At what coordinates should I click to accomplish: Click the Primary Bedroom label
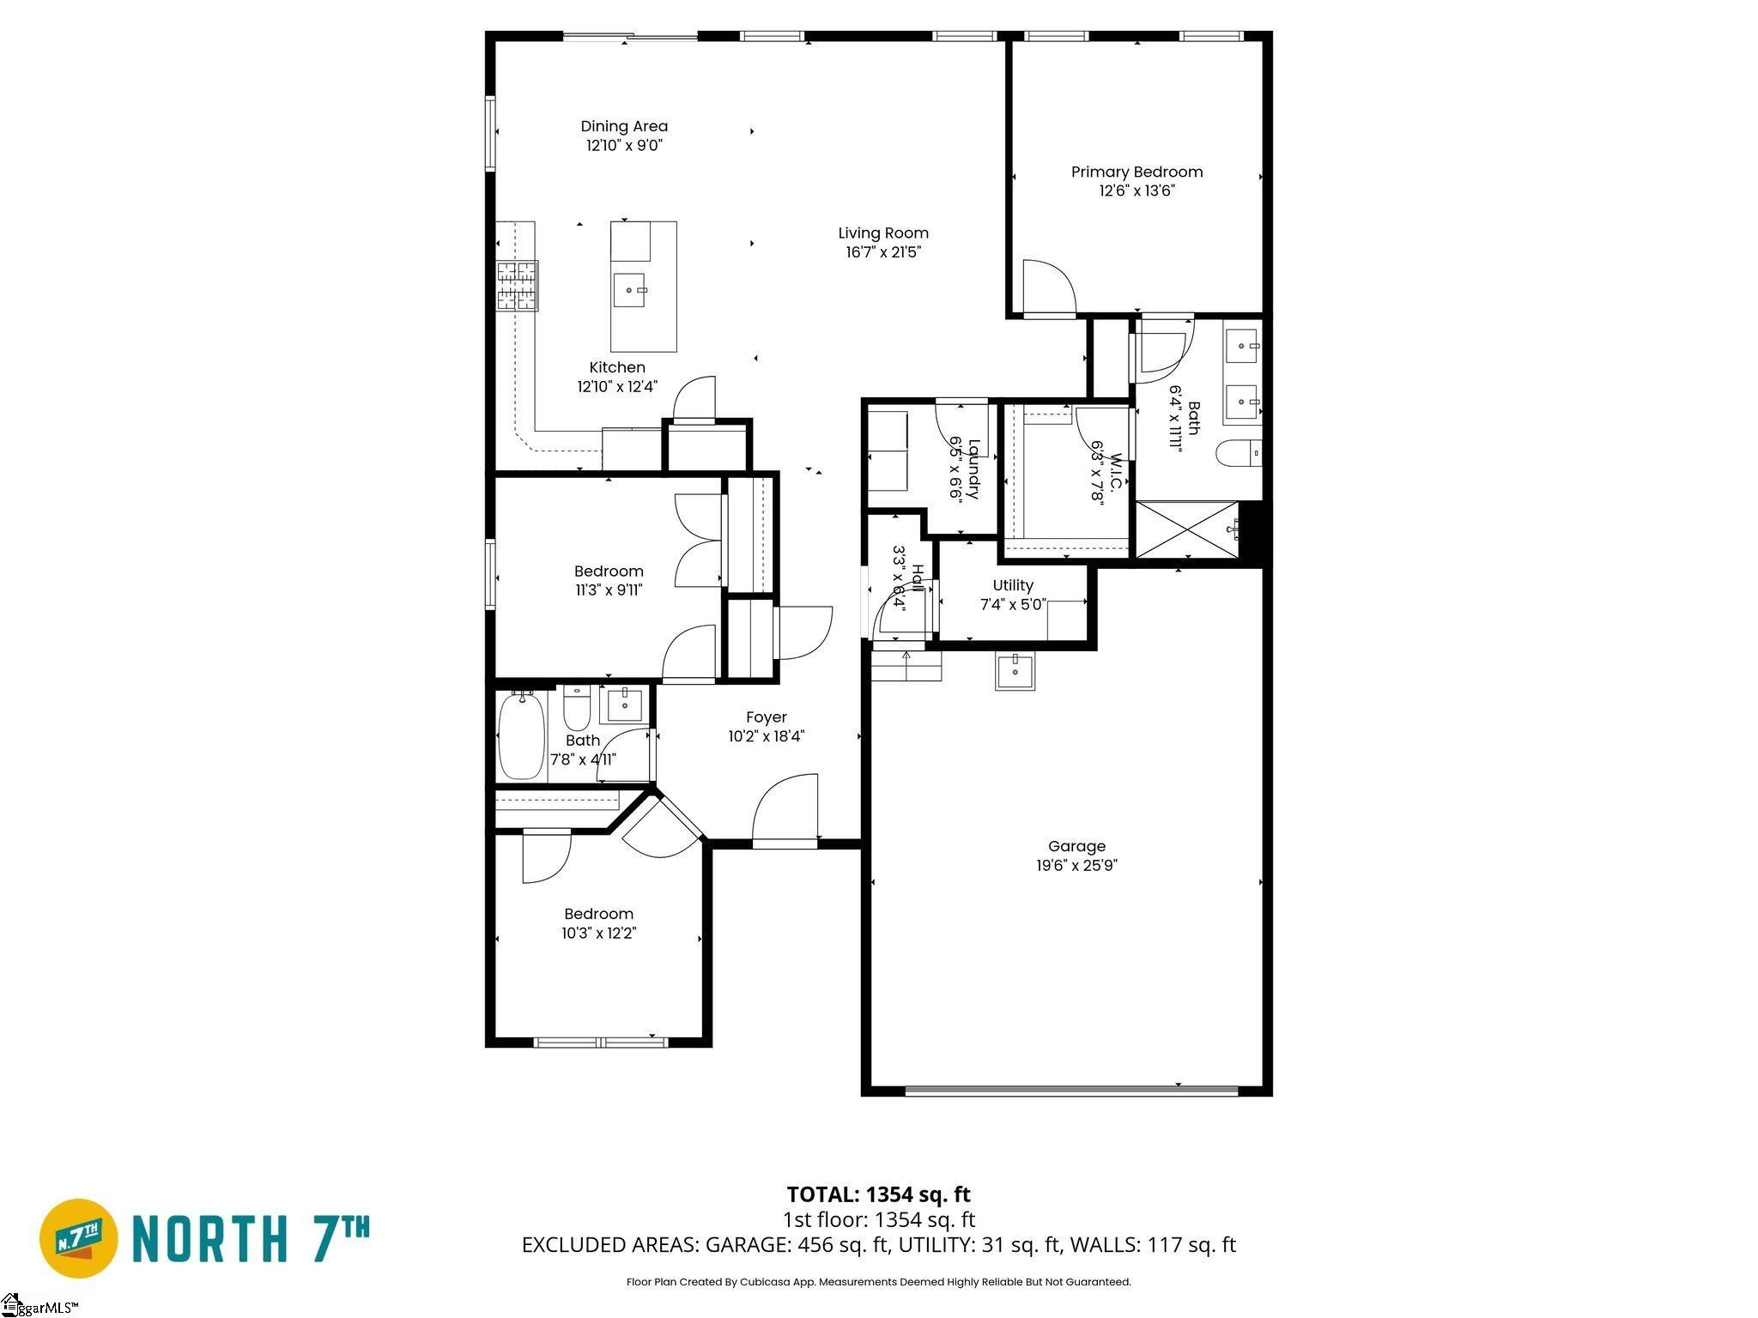tap(1137, 172)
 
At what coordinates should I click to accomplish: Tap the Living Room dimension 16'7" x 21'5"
tap(882, 252)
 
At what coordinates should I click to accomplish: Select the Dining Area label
tap(624, 126)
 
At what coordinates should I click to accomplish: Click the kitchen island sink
tap(630, 290)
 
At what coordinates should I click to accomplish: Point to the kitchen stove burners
tap(518, 285)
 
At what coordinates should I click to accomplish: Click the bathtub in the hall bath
tap(522, 737)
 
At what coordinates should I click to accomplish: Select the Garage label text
tap(1076, 846)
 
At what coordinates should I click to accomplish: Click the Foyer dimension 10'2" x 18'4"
tap(766, 736)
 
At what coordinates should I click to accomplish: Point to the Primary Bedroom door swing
tap(1049, 288)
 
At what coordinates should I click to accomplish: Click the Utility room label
tap(1013, 585)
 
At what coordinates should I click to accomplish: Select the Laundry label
tap(973, 469)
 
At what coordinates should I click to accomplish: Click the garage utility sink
tap(1015, 670)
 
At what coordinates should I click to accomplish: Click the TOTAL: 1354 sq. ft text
tap(878, 1194)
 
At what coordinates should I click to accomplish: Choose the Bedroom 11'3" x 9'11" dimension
tap(609, 590)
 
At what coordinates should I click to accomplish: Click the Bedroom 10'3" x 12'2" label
tap(598, 915)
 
